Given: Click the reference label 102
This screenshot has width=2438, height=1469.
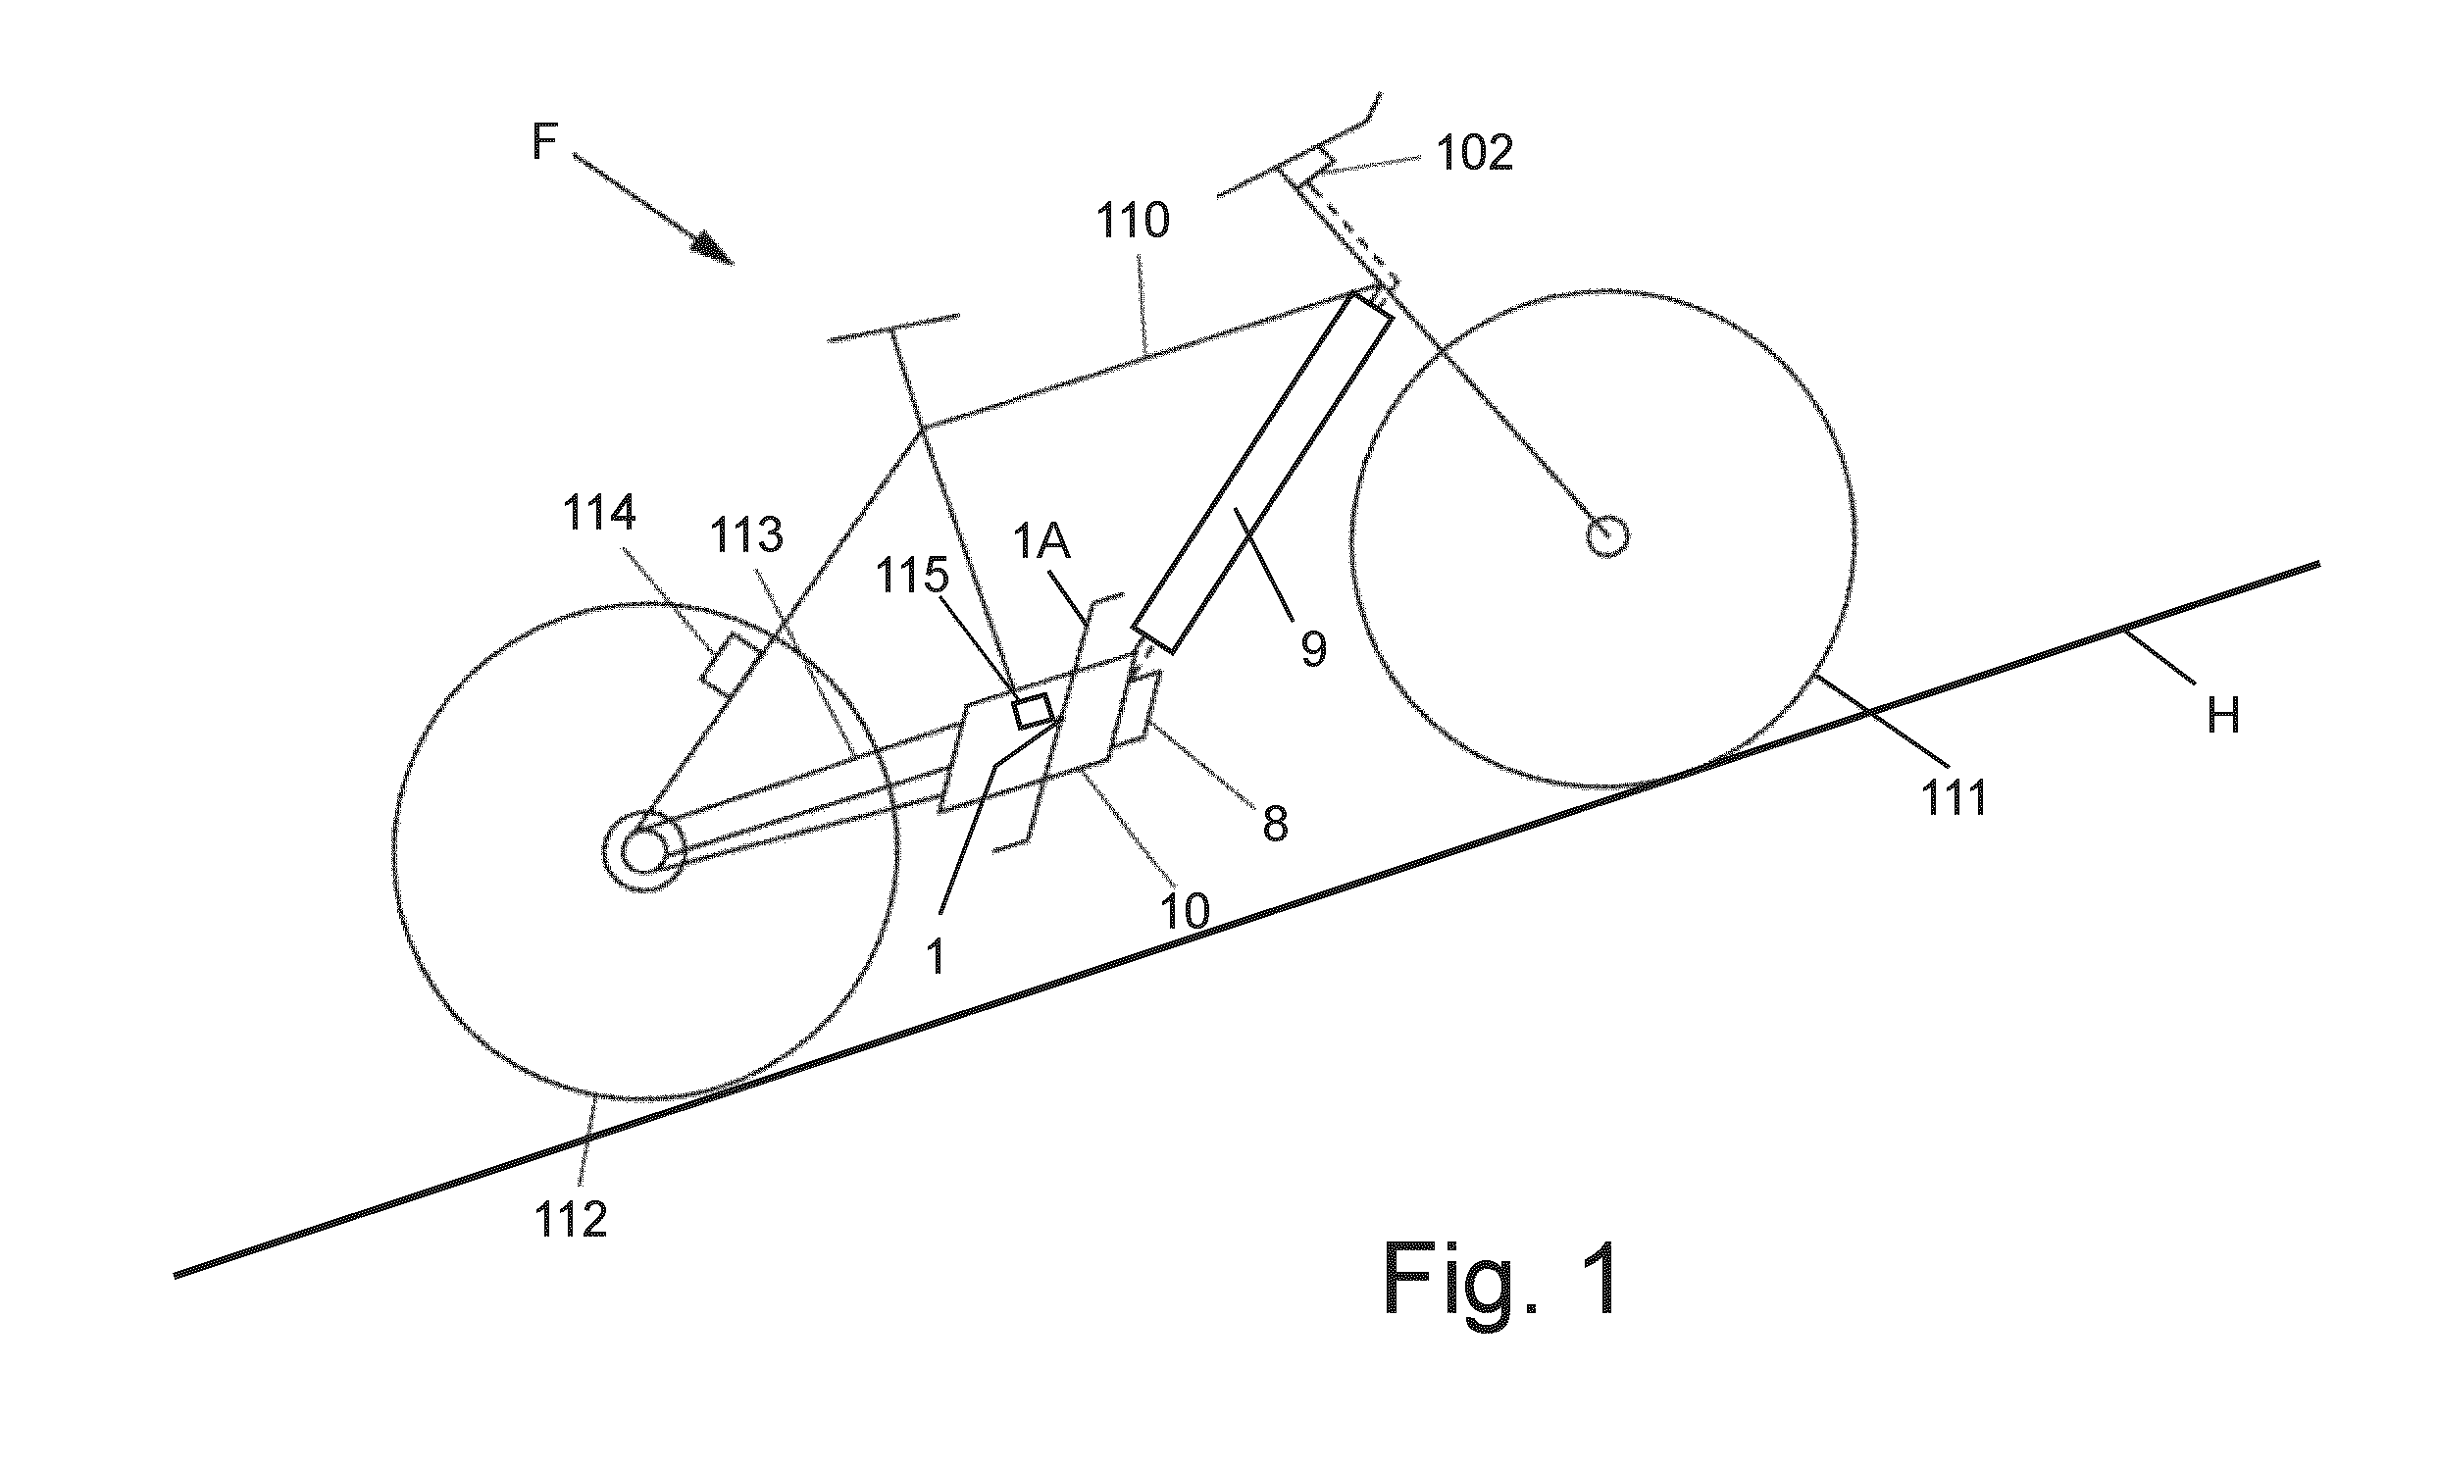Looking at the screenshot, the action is [1474, 154].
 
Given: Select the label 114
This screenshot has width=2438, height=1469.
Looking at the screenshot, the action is [599, 513].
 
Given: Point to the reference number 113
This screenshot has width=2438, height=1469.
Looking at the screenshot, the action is [747, 536].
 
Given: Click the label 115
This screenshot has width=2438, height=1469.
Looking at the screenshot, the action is [910, 574].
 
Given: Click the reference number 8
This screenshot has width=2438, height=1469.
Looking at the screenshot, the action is [1276, 823].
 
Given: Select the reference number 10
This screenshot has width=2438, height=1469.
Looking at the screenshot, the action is [1185, 911].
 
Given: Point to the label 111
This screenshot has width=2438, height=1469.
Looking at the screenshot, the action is [1955, 797].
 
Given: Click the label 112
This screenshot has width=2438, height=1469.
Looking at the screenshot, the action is [571, 1221].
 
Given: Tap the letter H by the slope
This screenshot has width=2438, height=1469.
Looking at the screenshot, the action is [2223, 714].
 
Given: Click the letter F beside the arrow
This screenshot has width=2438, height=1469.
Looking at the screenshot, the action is [545, 141].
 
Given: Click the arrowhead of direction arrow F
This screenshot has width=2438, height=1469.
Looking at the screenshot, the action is [714, 249].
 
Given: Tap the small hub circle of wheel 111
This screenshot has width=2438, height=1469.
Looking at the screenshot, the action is [1606, 536].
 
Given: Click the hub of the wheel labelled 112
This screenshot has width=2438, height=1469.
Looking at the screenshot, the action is [644, 850].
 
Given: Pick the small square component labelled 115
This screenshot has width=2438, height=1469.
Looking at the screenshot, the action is [1032, 711].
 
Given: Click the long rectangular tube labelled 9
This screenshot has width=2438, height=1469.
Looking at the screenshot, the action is [1262, 474].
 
